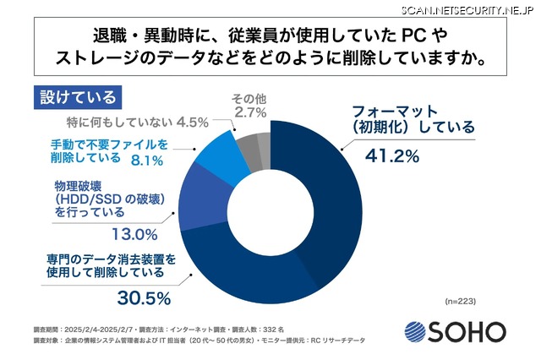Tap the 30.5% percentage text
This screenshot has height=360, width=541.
(143, 297)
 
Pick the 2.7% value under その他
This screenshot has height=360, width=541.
(249, 112)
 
